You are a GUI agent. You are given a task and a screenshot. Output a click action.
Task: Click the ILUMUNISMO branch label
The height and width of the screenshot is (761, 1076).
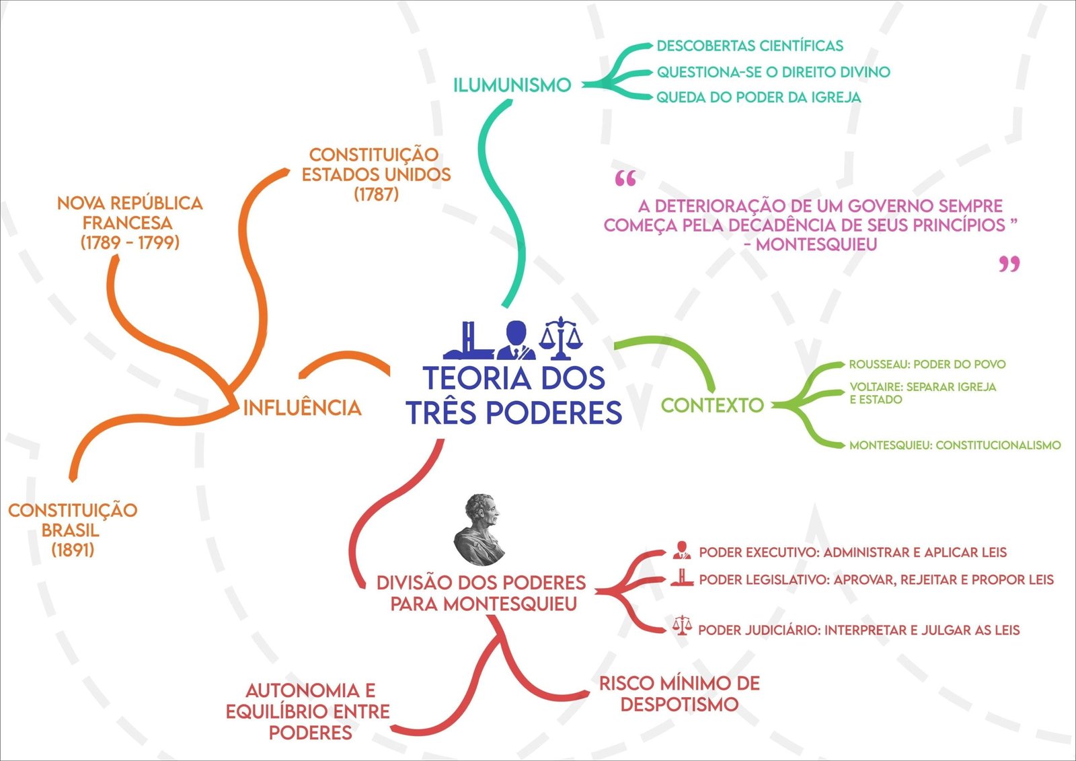pos(512,85)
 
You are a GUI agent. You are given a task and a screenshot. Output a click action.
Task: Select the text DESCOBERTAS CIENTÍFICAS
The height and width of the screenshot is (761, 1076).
pos(749,46)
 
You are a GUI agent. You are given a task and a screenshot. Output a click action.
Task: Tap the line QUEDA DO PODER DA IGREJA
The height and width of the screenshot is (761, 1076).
pos(758,98)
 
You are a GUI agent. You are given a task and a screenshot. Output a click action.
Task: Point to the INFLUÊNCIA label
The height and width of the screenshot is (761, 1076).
pos(302,408)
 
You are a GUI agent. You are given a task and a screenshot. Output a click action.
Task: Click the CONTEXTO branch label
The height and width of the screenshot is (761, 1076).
pos(712,405)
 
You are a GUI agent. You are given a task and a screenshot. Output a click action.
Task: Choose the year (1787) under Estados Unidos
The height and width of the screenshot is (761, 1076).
pos(376,194)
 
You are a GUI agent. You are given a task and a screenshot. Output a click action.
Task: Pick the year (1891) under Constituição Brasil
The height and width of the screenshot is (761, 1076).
pos(73,550)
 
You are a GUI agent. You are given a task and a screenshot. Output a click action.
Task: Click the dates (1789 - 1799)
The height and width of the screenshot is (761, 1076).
pos(130,242)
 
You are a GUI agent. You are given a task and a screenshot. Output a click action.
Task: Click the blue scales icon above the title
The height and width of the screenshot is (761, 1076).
pos(560,338)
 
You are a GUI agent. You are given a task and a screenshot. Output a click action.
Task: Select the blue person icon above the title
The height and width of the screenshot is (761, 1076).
pos(516,340)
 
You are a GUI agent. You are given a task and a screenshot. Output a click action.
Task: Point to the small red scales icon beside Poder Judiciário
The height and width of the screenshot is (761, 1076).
pos(682,626)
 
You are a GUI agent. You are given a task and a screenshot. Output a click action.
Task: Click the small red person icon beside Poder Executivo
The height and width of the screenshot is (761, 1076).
pos(682,550)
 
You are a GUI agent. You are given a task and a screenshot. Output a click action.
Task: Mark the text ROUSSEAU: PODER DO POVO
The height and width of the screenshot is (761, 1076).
pos(927,364)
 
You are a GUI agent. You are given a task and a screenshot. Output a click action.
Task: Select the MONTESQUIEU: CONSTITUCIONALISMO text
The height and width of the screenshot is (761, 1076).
pos(954,445)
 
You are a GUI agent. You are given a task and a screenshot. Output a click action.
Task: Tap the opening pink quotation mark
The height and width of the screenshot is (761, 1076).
pos(625,179)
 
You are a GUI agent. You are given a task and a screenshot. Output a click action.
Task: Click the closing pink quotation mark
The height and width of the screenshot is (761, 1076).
pos(1009,264)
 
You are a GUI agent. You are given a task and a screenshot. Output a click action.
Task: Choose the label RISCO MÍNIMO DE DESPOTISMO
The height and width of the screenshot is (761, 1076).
pos(679,694)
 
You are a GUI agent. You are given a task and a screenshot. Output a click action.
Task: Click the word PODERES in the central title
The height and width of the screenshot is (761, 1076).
pos(554,412)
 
